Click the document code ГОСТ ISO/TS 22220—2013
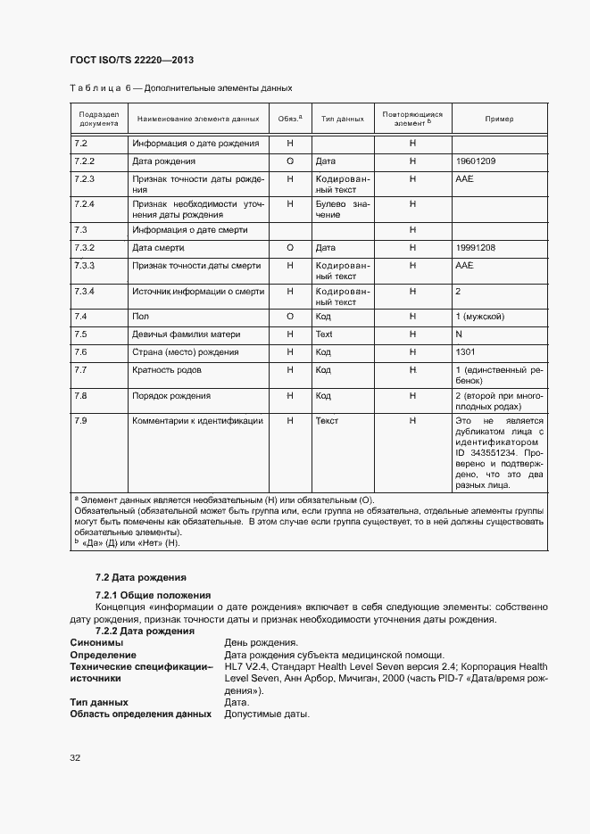click(131, 60)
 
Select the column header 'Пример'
click(499, 119)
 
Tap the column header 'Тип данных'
click(342, 119)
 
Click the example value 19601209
click(476, 161)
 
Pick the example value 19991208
click(476, 247)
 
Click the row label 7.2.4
click(84, 204)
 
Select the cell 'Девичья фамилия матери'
click(181, 334)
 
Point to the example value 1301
click(465, 352)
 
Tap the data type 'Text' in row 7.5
click(324, 334)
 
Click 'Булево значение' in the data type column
click(342, 210)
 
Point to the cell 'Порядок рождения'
click(171, 395)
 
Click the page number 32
click(75, 758)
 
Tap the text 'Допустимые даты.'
click(267, 714)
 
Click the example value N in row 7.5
click(459, 334)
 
